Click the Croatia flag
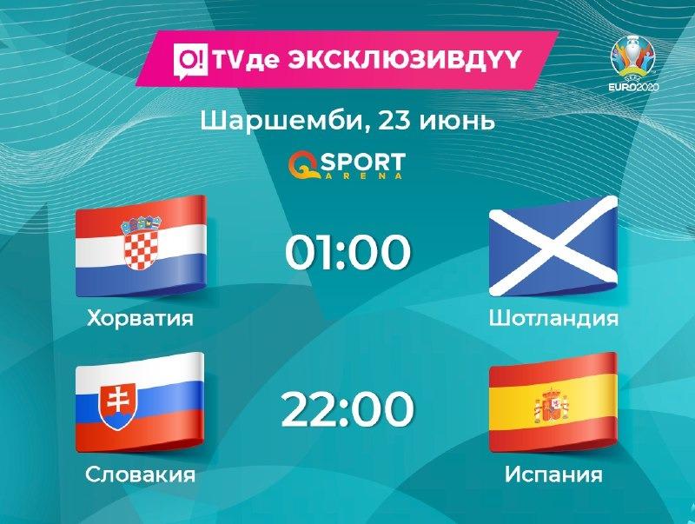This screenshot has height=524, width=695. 141,246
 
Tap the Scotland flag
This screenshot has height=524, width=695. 553,246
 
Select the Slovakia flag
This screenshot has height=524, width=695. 140,402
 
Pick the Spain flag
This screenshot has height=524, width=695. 553,402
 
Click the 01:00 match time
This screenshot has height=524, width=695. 348,252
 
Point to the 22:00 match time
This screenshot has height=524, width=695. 348,408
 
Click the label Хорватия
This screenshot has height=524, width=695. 141,318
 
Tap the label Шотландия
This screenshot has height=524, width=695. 553,318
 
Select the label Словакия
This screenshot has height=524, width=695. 141,474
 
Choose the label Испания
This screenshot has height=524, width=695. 553,474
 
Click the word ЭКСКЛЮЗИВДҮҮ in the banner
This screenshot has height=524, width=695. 403,60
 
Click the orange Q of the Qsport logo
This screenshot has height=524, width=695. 303,166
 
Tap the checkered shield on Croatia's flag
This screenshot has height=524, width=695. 141,243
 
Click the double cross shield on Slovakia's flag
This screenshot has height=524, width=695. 118,407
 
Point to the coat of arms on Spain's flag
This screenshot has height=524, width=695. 552,405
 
